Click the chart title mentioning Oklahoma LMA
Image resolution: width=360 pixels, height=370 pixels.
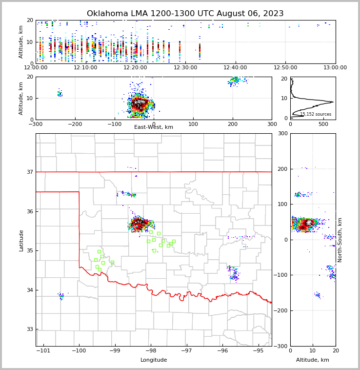point(185,14)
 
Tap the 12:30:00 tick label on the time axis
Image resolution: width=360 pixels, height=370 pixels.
point(185,68)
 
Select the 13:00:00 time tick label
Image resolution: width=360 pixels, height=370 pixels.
point(335,68)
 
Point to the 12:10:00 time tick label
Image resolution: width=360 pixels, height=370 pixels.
point(85,68)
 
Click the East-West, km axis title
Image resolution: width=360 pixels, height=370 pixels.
point(154,127)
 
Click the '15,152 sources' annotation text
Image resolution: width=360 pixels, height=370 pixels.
point(316,114)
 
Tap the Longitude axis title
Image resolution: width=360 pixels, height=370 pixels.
point(154,360)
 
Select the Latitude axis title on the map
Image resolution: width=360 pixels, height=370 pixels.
point(21,240)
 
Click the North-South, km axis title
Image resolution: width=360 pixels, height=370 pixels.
point(340,240)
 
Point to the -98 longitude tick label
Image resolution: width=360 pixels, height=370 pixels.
point(150,350)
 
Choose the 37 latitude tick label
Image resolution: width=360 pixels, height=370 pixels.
point(29,172)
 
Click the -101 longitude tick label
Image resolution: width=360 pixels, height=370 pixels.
point(44,350)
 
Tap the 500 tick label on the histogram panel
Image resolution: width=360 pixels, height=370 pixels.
point(323,124)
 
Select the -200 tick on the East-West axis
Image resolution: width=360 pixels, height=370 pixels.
point(75,124)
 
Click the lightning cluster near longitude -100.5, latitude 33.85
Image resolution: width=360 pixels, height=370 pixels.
point(61,296)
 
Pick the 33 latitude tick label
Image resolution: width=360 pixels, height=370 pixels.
point(29,329)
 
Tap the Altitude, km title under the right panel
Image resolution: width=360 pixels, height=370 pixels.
point(313,360)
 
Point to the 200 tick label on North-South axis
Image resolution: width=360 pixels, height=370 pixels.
point(281,169)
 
